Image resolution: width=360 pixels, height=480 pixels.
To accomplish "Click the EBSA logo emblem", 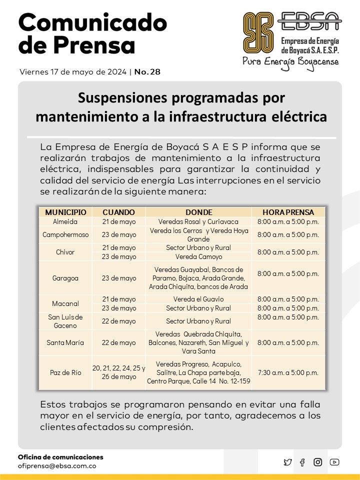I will (x=258, y=33).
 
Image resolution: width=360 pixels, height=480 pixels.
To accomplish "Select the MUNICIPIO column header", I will (x=65, y=212).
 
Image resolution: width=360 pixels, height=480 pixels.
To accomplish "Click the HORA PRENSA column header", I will (x=288, y=212).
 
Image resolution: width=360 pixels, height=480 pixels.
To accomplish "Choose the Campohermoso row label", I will (x=65, y=234).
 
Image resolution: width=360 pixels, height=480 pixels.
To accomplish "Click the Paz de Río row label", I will (x=65, y=372).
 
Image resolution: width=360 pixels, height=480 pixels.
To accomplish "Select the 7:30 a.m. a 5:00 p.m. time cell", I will (x=288, y=372).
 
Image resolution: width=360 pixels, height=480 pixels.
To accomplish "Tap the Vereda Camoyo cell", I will (x=198, y=256).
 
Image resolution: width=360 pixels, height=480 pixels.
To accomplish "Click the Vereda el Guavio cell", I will (x=198, y=299).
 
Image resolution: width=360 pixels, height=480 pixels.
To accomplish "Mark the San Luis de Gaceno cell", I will (x=65, y=321).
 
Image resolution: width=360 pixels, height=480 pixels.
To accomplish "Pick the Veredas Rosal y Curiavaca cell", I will (x=198, y=221).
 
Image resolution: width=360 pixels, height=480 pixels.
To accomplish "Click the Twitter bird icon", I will (x=287, y=462).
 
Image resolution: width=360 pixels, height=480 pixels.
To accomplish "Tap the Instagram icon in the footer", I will (x=317, y=462).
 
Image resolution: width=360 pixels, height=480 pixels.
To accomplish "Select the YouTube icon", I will (x=334, y=462).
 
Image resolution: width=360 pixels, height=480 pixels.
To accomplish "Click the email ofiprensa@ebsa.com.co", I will (x=57, y=466).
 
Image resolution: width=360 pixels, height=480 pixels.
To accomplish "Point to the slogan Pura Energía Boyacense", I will (x=290, y=62).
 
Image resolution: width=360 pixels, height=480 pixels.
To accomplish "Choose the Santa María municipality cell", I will (x=65, y=342).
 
